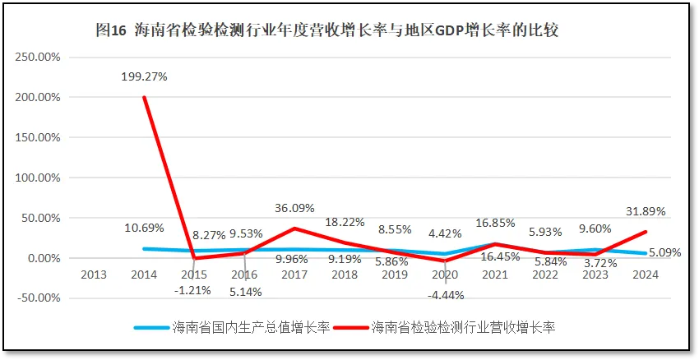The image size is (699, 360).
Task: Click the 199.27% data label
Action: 144,76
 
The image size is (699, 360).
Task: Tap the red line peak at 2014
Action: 145,97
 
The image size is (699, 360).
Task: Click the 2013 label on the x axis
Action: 94,275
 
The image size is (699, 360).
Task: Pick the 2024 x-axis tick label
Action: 645,275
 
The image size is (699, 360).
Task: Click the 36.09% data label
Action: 294,208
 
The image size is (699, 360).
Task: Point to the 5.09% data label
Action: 664,252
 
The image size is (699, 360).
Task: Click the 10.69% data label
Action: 144,228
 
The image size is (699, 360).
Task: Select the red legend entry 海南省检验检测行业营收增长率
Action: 463,328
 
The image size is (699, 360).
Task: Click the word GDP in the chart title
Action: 442,30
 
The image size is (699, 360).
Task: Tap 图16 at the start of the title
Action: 111,30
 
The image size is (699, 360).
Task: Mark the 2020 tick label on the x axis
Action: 445,275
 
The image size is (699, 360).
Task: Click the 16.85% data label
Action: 496,222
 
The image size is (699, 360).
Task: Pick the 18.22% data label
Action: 345,222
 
